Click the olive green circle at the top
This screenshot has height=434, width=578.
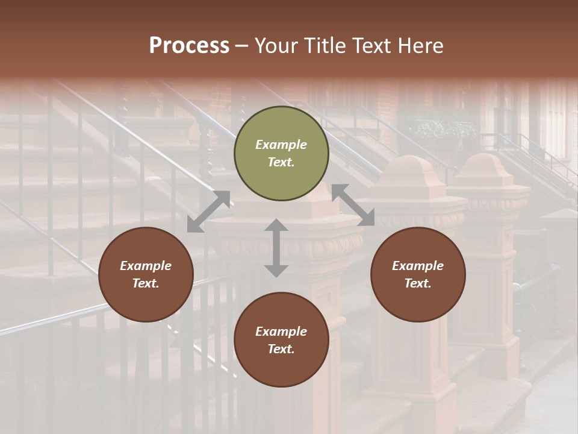(x=281, y=154)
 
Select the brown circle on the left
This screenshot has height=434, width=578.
(x=146, y=275)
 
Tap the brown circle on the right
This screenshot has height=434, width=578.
(x=418, y=275)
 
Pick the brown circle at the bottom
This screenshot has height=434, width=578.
(x=281, y=340)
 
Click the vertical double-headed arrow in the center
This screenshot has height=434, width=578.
(x=276, y=248)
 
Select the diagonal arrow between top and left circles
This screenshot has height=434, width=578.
(x=209, y=212)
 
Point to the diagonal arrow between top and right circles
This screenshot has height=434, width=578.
(x=353, y=205)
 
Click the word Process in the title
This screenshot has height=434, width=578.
(x=189, y=46)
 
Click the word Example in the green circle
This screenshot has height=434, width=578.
(x=281, y=145)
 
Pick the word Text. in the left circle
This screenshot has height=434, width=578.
(x=146, y=283)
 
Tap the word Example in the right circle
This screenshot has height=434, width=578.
(x=418, y=266)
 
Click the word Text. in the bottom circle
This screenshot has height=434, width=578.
(x=281, y=349)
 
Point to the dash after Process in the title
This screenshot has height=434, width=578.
(x=242, y=46)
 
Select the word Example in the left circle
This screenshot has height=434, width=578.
(x=146, y=266)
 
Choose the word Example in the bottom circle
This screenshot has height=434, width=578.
(x=281, y=332)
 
